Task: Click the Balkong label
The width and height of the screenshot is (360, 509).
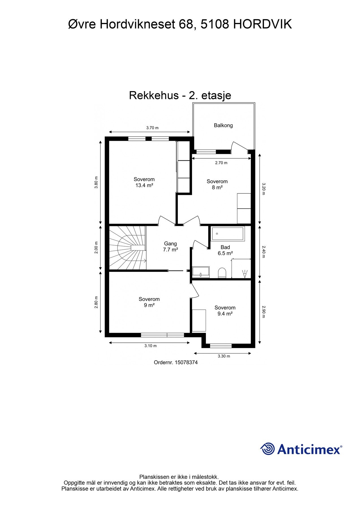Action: pyautogui.click(x=223, y=125)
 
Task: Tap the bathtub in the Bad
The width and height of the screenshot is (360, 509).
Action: pyautogui.click(x=228, y=234)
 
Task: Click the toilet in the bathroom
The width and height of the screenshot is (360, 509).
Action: pyautogui.click(x=222, y=273)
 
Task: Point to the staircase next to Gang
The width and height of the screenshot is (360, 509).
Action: pyautogui.click(x=127, y=248)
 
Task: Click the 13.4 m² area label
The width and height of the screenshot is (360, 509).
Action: pyautogui.click(x=144, y=186)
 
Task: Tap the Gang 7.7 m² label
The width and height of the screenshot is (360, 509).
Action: pyautogui.click(x=170, y=247)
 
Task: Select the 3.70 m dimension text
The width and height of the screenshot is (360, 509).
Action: pyautogui.click(x=152, y=128)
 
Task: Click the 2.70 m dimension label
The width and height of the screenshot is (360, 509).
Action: pyautogui.click(x=221, y=163)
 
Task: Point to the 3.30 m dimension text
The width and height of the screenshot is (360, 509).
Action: pyautogui.click(x=224, y=356)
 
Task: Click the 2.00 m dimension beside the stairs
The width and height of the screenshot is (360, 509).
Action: pyautogui.click(x=96, y=247)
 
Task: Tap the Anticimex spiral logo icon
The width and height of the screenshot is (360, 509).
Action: pyautogui.click(x=268, y=449)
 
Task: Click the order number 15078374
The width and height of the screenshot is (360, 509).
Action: pyautogui.click(x=186, y=363)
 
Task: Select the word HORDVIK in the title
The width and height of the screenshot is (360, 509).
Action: pyautogui.click(x=262, y=25)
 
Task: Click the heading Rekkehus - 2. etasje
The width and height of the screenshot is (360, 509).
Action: pyautogui.click(x=180, y=95)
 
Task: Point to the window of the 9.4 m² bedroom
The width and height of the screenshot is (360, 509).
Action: pyautogui.click(x=221, y=345)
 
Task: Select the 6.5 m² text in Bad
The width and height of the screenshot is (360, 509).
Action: pyautogui.click(x=225, y=253)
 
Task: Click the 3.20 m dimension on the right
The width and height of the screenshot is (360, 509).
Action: pyautogui.click(x=264, y=189)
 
